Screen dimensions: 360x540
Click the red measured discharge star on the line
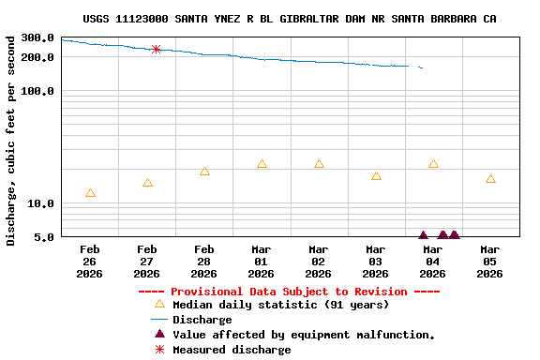coord(156,49)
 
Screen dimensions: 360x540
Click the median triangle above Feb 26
coord(90,193)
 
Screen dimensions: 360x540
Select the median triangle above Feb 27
coord(147,183)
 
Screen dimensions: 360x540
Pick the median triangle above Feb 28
coord(204,172)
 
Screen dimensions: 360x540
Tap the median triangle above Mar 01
coord(262,164)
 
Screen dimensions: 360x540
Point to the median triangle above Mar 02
coord(319,164)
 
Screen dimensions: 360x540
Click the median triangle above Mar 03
coord(376,176)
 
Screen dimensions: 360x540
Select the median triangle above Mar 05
coord(490,179)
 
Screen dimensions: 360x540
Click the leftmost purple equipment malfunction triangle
coord(423,235)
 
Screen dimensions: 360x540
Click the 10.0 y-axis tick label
coord(40,203)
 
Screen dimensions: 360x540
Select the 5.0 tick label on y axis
coord(44,237)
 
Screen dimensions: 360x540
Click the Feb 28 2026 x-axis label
coord(203,262)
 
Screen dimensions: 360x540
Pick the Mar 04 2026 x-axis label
coord(432,262)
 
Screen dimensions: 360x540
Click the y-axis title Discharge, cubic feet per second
coord(11,141)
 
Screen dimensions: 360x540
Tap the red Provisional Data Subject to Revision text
coord(289,292)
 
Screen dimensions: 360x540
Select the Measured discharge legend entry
coord(232,350)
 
